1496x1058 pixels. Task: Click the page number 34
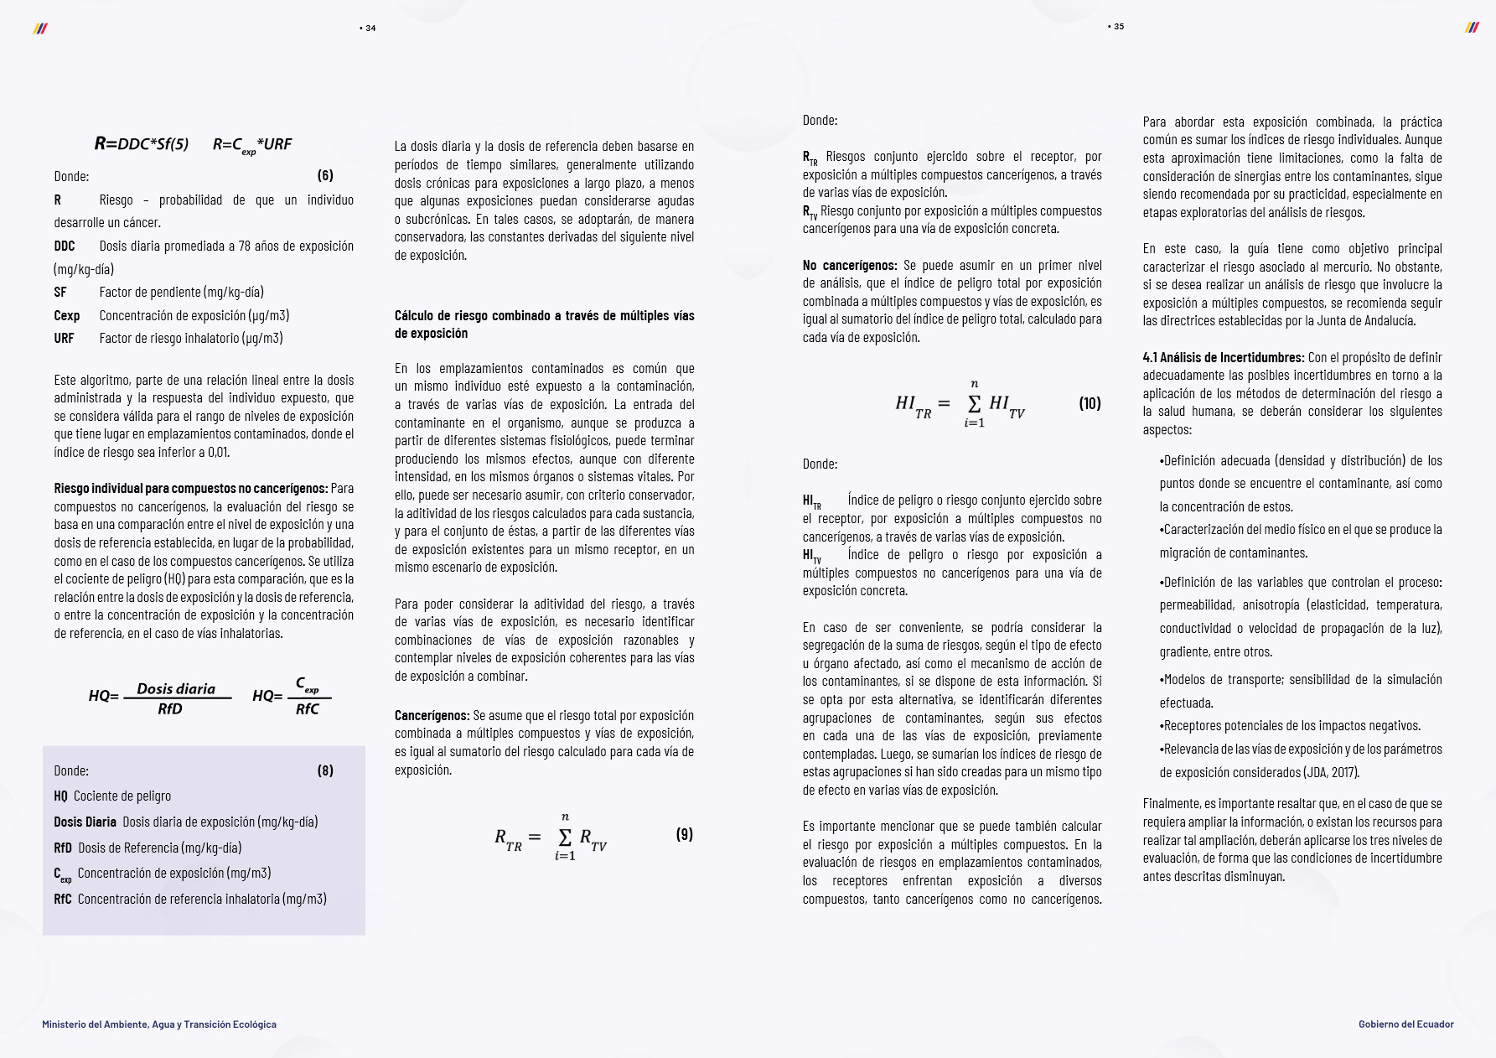pyautogui.click(x=370, y=29)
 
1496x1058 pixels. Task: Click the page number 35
pyautogui.click(x=1118, y=27)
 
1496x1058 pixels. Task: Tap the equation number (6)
pyautogui.click(x=325, y=175)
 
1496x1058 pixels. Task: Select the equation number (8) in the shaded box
pyautogui.click(x=325, y=770)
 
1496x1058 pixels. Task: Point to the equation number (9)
pyautogui.click(x=685, y=834)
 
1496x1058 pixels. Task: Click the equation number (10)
pyautogui.click(x=1090, y=403)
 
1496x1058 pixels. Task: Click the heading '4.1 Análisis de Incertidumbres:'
pyautogui.click(x=1223, y=357)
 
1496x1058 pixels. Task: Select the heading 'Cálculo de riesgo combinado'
pyautogui.click(x=544, y=324)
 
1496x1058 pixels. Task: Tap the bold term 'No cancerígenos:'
pyautogui.click(x=850, y=265)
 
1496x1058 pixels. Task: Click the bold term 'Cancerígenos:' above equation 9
pyautogui.click(x=432, y=715)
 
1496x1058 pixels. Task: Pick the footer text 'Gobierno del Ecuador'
pyautogui.click(x=1405, y=1024)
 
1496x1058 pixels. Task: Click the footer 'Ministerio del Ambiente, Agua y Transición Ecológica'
pyautogui.click(x=159, y=1024)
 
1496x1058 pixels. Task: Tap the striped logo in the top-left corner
pyautogui.click(x=39, y=29)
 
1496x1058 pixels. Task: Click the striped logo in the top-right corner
pyautogui.click(x=1472, y=28)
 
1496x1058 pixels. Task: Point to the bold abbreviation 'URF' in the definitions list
pyautogui.click(x=64, y=338)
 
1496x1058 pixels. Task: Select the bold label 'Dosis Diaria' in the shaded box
pyautogui.click(x=85, y=822)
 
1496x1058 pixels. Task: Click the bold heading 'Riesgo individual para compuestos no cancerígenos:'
pyautogui.click(x=191, y=488)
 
